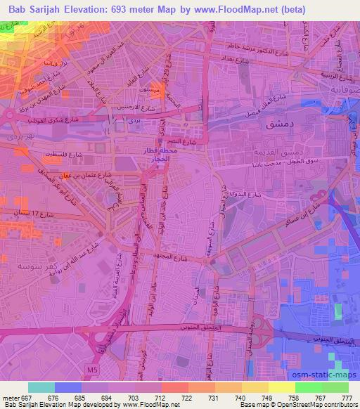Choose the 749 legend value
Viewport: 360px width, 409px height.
click(x=257, y=397)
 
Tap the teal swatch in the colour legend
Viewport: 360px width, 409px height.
click(x=41, y=387)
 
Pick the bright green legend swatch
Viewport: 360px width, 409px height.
click(x=309, y=387)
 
